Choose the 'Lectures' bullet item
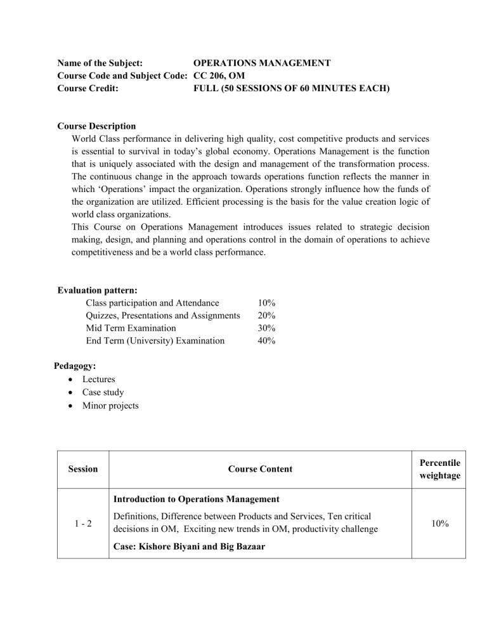pos(99,379)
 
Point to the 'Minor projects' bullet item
pos(110,405)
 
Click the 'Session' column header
pos(82,470)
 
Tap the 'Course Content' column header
pos(261,470)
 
